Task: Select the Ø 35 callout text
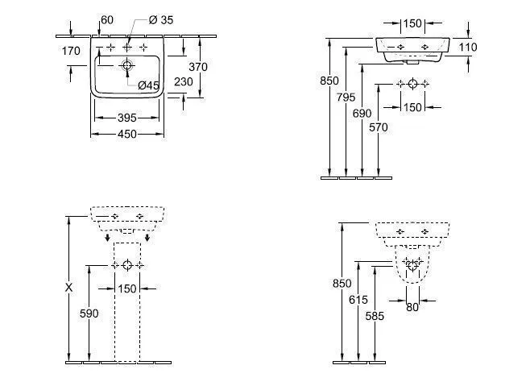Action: [x=162, y=20]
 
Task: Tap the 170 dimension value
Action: [x=71, y=51]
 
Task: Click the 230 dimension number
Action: [x=184, y=81]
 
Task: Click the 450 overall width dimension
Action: [x=127, y=134]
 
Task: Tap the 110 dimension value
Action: [x=468, y=48]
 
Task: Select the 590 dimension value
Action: [x=89, y=313]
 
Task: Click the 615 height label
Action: [x=358, y=299]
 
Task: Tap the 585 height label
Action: [x=375, y=317]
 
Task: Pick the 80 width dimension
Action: [x=412, y=306]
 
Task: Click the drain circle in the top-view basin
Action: [x=127, y=64]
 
